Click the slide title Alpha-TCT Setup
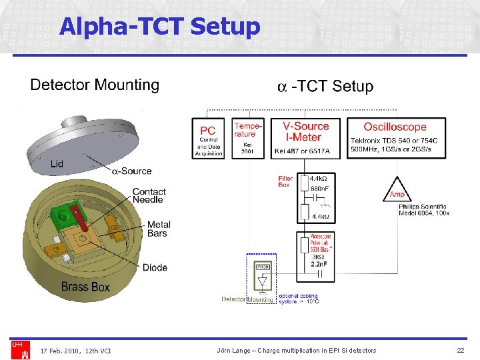tap(159, 27)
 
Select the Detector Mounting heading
tap(95, 85)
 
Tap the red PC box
tap(208, 139)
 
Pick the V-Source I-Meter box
tap(306, 139)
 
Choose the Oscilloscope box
tap(395, 139)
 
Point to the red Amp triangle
tap(398, 191)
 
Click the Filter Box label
tap(285, 181)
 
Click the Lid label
tap(57, 164)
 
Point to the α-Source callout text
tap(131, 171)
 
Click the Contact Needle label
tap(149, 195)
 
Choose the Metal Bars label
tap(159, 229)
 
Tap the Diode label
tap(155, 267)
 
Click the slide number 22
tap(460, 350)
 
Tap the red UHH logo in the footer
tap(17, 345)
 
